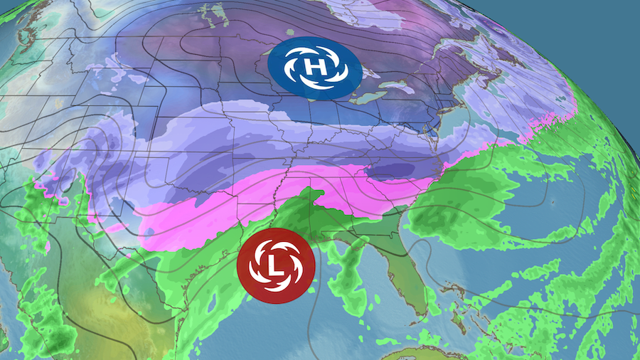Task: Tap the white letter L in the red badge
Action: tap(276, 265)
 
